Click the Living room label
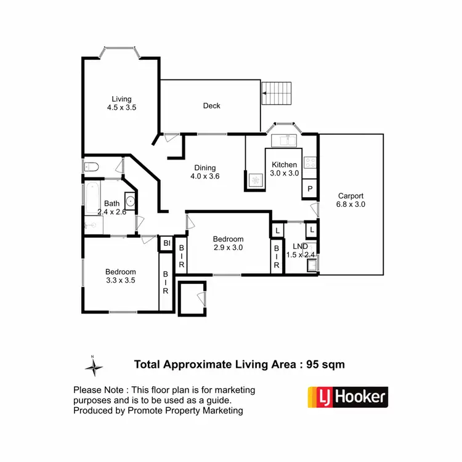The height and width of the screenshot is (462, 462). click(121, 103)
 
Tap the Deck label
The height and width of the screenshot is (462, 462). click(211, 106)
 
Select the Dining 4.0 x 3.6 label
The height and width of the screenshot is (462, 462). click(205, 172)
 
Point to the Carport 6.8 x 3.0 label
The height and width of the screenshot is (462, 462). click(351, 200)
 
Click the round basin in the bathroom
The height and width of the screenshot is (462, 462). click(130, 200)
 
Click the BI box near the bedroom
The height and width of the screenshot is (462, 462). click(166, 244)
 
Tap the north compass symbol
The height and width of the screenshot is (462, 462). click(94, 367)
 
